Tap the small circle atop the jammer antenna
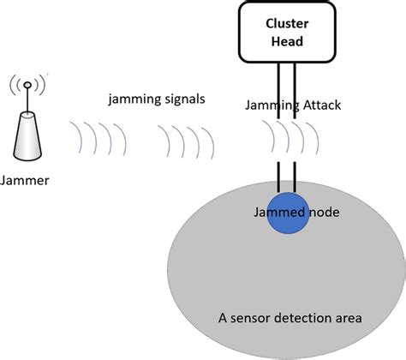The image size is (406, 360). [28, 85]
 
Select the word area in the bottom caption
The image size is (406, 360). [348, 318]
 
